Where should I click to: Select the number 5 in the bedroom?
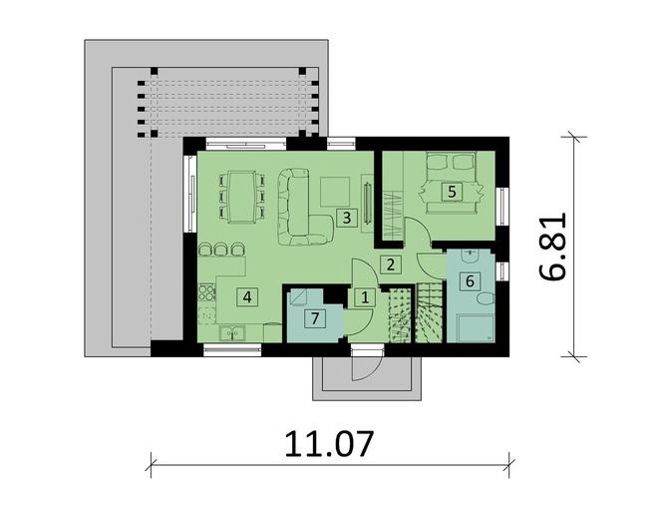coord(452,191)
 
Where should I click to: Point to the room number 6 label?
coord(468,280)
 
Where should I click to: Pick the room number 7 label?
coord(314,318)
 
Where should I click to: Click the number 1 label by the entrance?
coord(364,296)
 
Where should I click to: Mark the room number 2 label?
coord(391,264)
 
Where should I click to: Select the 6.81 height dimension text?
coord(562,245)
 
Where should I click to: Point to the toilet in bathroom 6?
coord(484,299)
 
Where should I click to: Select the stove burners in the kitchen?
coord(207,294)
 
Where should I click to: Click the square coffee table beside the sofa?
coord(334,189)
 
